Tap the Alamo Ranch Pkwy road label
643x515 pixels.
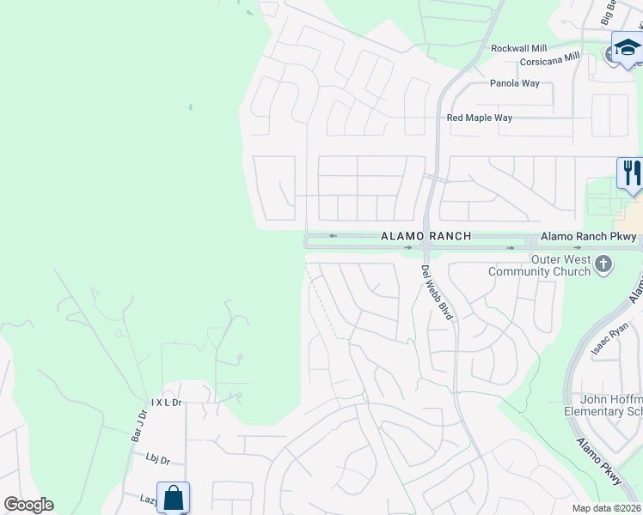[589, 237]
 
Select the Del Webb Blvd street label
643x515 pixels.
[438, 292]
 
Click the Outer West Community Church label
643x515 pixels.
[539, 266]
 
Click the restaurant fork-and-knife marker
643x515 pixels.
[630, 173]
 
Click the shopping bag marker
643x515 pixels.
[173, 497]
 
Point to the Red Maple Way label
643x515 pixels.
[480, 118]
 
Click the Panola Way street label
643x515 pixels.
[515, 83]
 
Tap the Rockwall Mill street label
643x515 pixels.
[518, 49]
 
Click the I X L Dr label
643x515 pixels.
[167, 402]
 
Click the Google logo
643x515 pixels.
[28, 505]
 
